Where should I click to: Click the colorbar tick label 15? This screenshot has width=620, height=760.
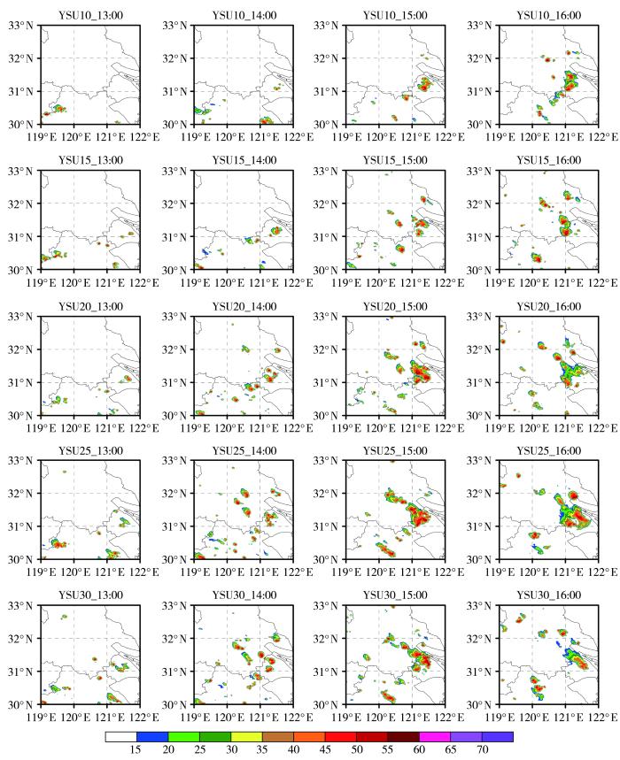(x=136, y=749)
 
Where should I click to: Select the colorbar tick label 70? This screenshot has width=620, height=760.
(x=482, y=749)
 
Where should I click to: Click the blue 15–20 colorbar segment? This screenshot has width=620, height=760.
(x=152, y=735)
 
